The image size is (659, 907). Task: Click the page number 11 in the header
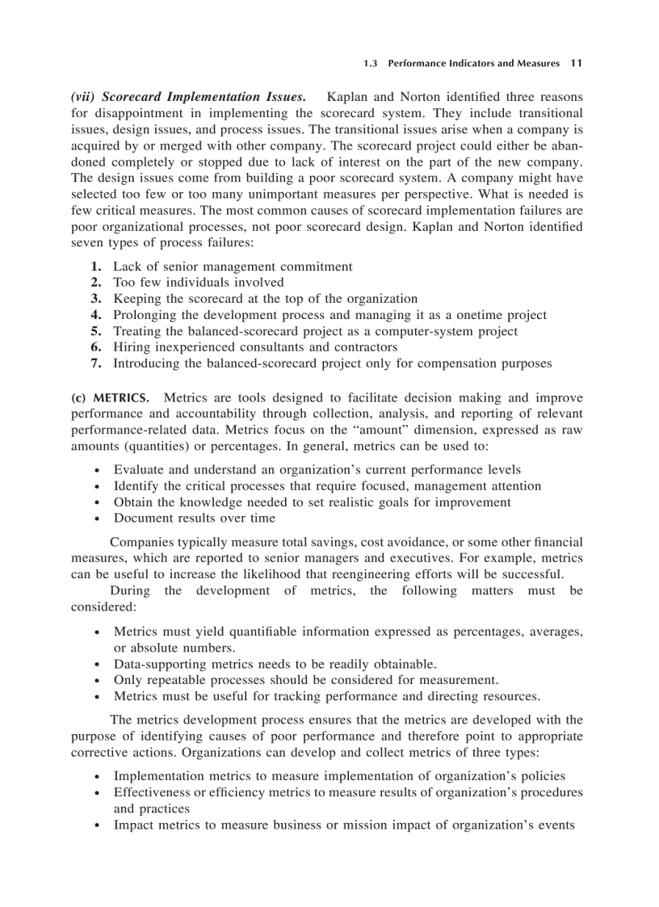pyautogui.click(x=576, y=63)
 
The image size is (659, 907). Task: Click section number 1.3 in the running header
pyautogui.click(x=371, y=63)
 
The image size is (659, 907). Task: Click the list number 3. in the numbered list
pyautogui.click(x=96, y=299)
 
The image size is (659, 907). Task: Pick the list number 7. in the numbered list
pyautogui.click(x=96, y=363)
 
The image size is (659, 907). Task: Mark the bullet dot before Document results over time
pyautogui.click(x=98, y=519)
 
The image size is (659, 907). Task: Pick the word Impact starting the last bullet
pyautogui.click(x=132, y=825)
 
